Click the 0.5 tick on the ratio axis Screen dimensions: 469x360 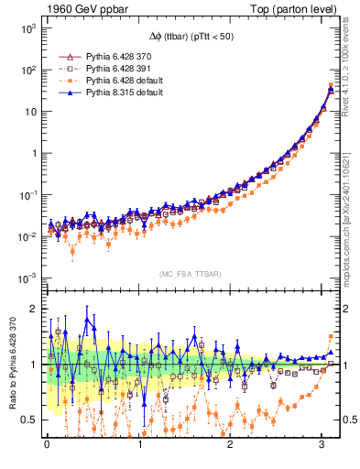tap(28, 420)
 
